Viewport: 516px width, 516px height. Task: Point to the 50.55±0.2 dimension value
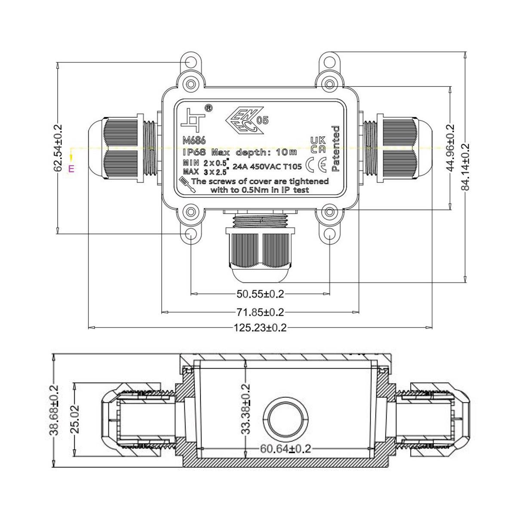click(260, 294)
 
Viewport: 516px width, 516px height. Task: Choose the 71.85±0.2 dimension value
click(260, 312)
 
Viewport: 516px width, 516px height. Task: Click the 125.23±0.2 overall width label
click(260, 328)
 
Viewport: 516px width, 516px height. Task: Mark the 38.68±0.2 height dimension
click(55, 410)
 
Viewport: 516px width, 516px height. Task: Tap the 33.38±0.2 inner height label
click(246, 408)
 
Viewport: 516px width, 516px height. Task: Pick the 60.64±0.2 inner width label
click(285, 448)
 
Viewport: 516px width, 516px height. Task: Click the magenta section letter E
click(71, 169)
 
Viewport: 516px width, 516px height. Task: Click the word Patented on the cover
click(336, 148)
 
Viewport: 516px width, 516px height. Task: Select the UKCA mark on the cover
click(318, 144)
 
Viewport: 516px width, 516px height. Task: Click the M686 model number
click(194, 141)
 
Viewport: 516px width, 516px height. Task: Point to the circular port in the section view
click(286, 419)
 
